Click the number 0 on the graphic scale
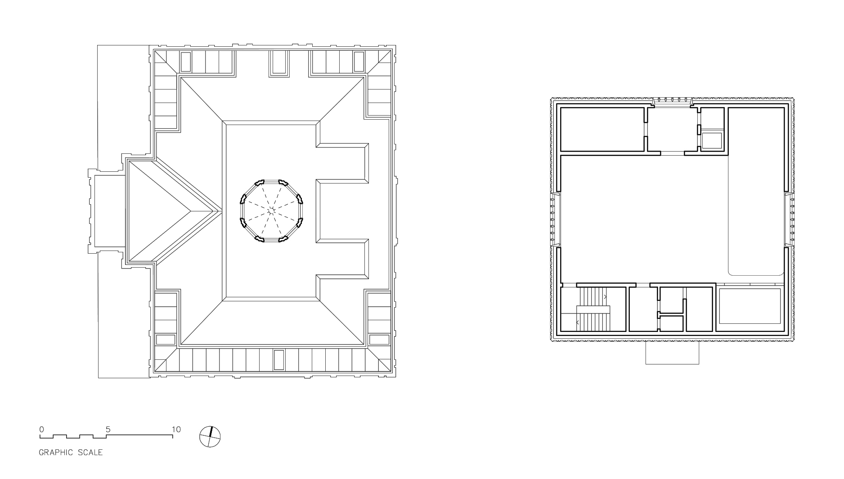click(41, 429)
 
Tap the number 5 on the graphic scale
click(108, 429)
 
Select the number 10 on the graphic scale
click(176, 429)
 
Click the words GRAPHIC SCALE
click(71, 452)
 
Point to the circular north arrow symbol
click(210, 436)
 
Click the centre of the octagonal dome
click(271, 210)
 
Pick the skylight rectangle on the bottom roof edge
click(279, 360)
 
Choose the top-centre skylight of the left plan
click(278, 62)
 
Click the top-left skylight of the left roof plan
click(186, 62)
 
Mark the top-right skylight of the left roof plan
click(359, 62)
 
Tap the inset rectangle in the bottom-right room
click(750, 306)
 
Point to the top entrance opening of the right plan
click(672, 102)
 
